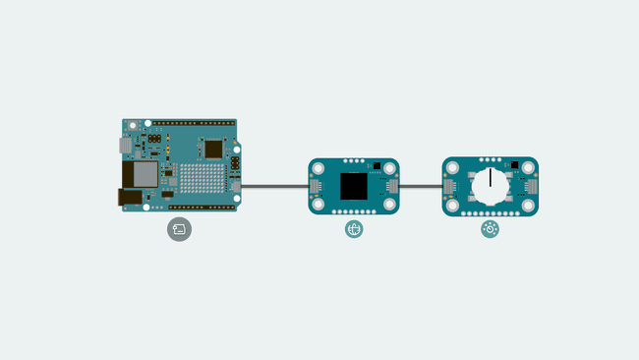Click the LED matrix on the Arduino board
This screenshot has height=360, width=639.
(x=203, y=179)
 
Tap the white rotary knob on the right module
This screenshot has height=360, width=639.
(x=490, y=185)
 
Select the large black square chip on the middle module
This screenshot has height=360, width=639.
(x=354, y=186)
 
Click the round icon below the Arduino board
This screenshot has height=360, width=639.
(x=179, y=229)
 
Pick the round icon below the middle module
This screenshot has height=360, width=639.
(x=354, y=229)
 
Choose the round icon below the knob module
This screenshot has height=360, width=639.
(x=490, y=229)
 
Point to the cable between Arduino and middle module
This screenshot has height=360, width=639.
(x=275, y=186)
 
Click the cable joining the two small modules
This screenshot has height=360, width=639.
(x=421, y=186)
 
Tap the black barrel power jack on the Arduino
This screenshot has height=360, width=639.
(x=129, y=197)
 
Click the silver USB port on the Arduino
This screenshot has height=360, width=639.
(x=126, y=146)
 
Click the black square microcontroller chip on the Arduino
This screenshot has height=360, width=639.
(x=213, y=149)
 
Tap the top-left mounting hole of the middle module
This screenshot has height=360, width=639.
(x=319, y=167)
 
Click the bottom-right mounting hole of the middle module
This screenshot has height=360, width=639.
(x=389, y=205)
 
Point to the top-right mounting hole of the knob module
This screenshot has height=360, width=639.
(x=529, y=166)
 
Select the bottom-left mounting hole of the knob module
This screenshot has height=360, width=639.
(x=451, y=206)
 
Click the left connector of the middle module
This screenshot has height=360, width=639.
(x=316, y=186)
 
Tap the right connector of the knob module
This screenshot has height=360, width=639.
(x=532, y=186)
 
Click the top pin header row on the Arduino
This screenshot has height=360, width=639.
(x=193, y=123)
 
